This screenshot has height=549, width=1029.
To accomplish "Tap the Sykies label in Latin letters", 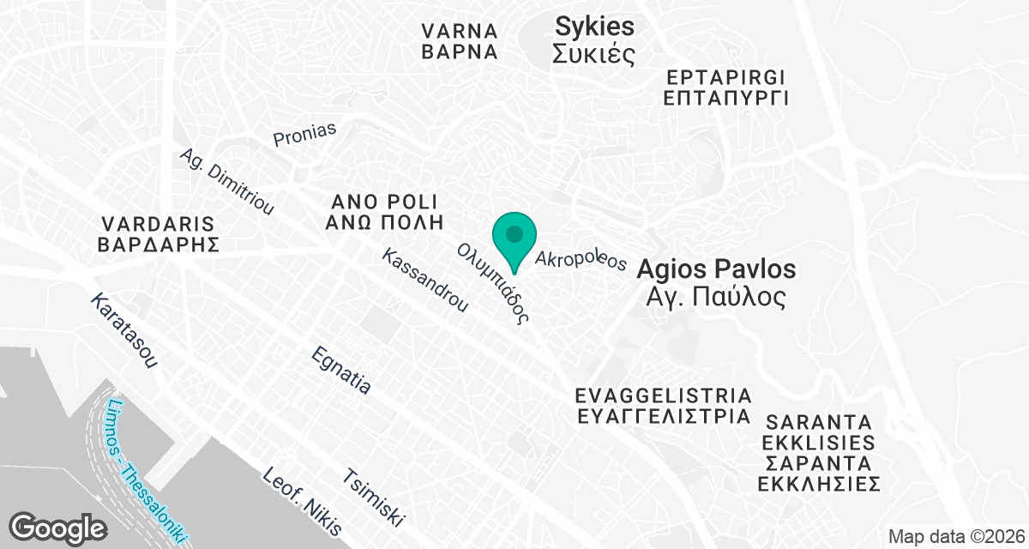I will click(594, 27).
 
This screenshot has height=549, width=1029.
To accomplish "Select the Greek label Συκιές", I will click(593, 55).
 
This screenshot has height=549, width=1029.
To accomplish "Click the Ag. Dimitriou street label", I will click(226, 183).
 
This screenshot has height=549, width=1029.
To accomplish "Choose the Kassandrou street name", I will click(425, 280).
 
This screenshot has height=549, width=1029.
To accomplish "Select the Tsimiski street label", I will click(373, 498).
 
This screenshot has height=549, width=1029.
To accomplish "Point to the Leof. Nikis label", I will click(302, 501).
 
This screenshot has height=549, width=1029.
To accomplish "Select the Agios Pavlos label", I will click(716, 269).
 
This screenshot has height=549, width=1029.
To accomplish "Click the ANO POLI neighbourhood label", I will click(385, 202).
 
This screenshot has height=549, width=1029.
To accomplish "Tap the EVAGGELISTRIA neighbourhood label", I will click(664, 396).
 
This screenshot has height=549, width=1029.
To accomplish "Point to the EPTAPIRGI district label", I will click(725, 76).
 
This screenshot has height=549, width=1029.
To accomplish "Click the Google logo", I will click(57, 526).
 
